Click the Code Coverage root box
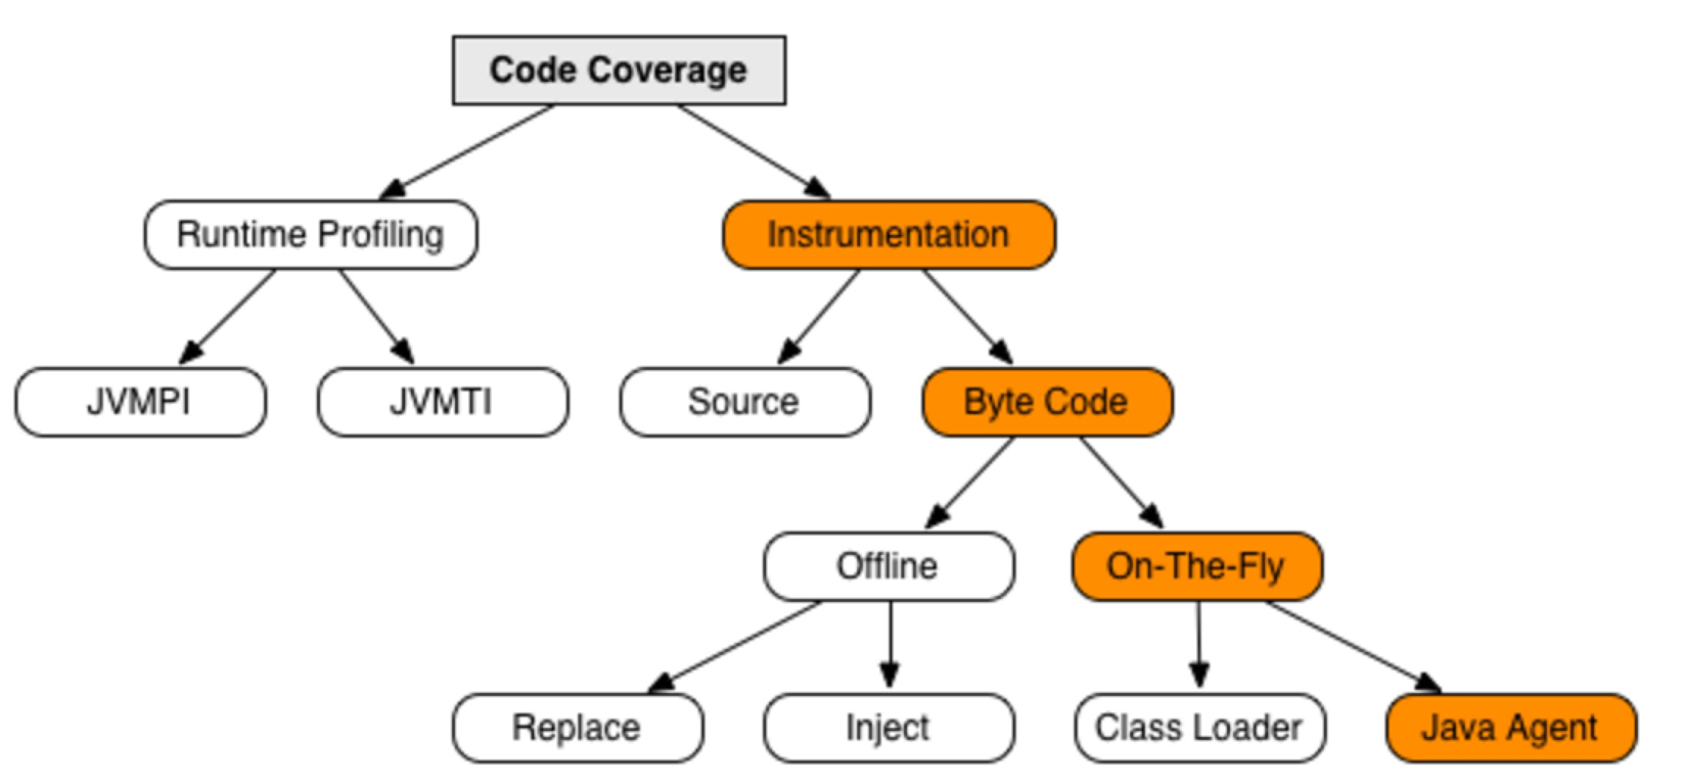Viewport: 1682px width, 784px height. [619, 70]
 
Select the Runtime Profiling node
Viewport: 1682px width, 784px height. [310, 235]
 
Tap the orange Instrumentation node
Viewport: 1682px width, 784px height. [889, 235]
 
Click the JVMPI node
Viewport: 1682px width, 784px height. [139, 402]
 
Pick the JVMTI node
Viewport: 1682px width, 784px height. [442, 402]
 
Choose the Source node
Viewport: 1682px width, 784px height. [744, 402]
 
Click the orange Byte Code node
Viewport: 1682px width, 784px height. [1046, 402]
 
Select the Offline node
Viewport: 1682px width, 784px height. [888, 567]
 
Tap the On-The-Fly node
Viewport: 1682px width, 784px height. [1196, 567]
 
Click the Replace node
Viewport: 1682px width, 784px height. [577, 728]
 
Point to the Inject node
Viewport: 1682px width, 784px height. [888, 728]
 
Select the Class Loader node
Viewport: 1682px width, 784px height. [1199, 728]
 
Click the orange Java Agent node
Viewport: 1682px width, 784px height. [1510, 728]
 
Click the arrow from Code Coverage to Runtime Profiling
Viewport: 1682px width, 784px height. [470, 150]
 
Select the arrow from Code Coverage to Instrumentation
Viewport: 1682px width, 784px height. [752, 150]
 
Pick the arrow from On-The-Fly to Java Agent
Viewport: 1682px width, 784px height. [1350, 645]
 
